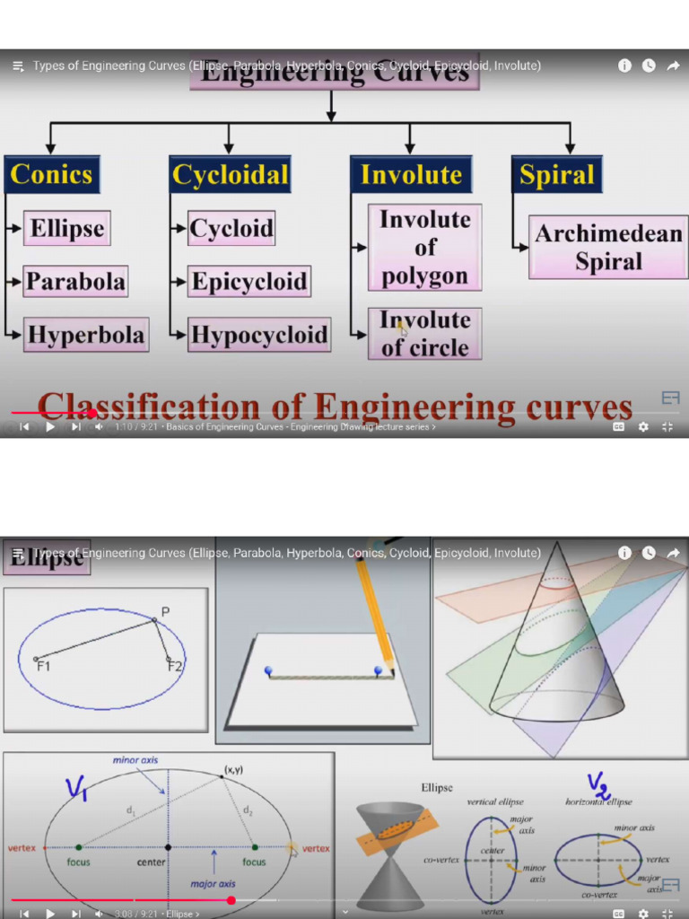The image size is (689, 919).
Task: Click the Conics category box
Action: coord(51,175)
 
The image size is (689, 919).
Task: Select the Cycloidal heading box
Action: coord(231,175)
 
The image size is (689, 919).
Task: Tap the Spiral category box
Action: coord(556,175)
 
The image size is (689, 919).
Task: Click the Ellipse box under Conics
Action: coord(67,228)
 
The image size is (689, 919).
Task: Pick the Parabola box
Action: coord(75,282)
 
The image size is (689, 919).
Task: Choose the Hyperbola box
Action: coord(85,335)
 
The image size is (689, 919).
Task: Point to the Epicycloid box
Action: coord(249,282)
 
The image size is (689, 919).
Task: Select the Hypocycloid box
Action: coord(258,335)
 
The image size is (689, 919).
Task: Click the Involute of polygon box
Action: coord(424,248)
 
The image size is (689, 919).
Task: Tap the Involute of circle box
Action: coord(424,334)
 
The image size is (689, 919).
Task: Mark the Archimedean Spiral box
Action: coord(608,248)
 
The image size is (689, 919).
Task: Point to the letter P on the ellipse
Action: coord(165,612)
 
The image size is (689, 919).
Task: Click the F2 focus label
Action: coord(174,665)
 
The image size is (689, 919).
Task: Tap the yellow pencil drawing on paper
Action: coord(375,610)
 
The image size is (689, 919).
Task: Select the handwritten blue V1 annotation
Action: coord(76,789)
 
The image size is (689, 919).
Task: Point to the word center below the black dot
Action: coord(151,862)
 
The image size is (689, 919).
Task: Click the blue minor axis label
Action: coord(135,760)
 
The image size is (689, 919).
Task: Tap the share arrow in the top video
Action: coord(672,66)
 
